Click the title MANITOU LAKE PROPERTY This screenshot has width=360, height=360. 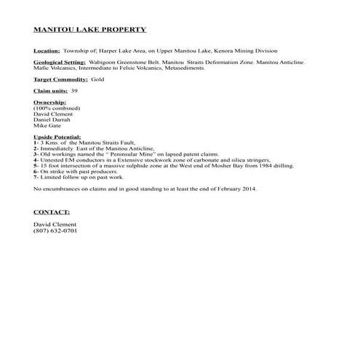coord(90,30)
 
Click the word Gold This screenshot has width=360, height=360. coord(99,79)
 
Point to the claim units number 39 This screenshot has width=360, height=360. coord(74,91)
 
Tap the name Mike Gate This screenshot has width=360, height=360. coord(48,126)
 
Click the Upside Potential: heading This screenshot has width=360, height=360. coord(58,137)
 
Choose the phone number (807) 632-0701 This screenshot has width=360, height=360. coord(55,231)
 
